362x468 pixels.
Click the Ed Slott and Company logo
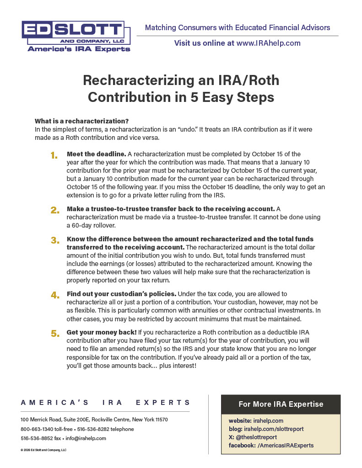76,36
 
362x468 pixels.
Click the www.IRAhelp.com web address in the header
268,43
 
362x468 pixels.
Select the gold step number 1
54,156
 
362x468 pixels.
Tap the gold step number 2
54,210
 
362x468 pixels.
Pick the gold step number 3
55,240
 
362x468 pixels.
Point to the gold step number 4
55,295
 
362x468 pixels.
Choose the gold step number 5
55,334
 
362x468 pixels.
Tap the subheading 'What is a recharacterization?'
81,121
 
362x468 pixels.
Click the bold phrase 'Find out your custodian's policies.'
121,293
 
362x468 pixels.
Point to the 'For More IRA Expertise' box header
281,404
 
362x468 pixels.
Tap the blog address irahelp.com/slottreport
274,429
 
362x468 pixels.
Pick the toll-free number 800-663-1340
35,429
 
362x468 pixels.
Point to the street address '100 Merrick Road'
41,420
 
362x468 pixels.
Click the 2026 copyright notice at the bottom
43,450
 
